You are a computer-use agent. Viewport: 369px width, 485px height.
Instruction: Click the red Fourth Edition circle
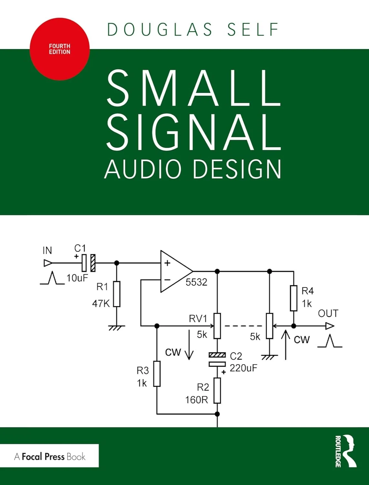click(x=60, y=49)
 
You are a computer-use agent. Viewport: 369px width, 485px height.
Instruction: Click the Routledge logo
click(x=346, y=451)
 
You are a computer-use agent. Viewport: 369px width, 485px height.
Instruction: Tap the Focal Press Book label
click(x=50, y=456)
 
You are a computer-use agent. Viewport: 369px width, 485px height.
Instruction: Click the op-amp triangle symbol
click(x=174, y=271)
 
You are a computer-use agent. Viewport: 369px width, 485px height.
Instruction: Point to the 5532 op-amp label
click(x=196, y=282)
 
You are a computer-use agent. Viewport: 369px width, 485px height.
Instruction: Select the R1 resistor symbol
click(x=117, y=294)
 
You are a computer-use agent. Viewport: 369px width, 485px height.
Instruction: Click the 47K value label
click(x=101, y=304)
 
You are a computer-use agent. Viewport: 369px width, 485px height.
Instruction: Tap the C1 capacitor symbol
click(x=88, y=263)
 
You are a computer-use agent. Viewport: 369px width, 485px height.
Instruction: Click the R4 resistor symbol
click(x=293, y=298)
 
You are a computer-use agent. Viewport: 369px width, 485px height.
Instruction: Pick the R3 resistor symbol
click(x=157, y=374)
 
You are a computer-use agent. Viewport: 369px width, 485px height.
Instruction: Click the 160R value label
click(x=197, y=400)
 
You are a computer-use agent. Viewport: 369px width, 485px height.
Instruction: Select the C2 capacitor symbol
click(x=217, y=360)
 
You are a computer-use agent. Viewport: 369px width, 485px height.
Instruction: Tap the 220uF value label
click(x=243, y=368)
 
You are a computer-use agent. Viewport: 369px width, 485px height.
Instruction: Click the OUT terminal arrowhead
click(x=330, y=326)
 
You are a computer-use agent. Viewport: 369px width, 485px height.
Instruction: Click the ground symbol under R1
click(x=117, y=328)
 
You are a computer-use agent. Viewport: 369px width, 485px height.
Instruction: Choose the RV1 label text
click(x=198, y=318)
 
